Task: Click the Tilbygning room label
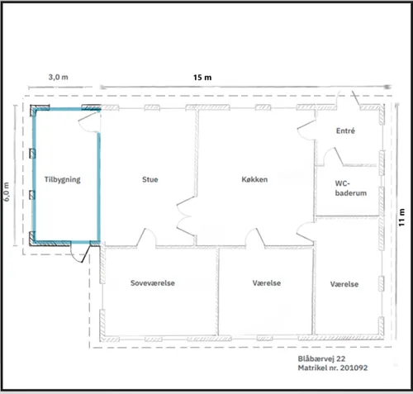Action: pos(62,180)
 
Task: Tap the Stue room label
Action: pos(150,179)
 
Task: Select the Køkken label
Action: pos(254,179)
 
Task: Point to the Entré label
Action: pos(345,131)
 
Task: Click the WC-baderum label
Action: pos(350,188)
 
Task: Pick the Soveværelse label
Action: pos(153,283)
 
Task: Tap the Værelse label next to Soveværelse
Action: pos(267,283)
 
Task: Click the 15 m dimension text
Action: pos(202,78)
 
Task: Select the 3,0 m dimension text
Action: pos(58,77)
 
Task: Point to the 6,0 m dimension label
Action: pos(7,192)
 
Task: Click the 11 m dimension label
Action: pos(401,217)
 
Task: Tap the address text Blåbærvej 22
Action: pos(321,358)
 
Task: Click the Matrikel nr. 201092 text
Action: pos(333,368)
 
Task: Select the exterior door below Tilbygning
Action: pos(80,252)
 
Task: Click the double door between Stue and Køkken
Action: pos(186,216)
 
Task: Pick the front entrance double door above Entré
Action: pos(348,98)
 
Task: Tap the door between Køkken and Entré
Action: pos(306,129)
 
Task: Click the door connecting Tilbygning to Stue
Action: pos(88,122)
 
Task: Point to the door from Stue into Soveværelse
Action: pos(146,237)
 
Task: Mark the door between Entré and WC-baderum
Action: pos(333,157)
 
